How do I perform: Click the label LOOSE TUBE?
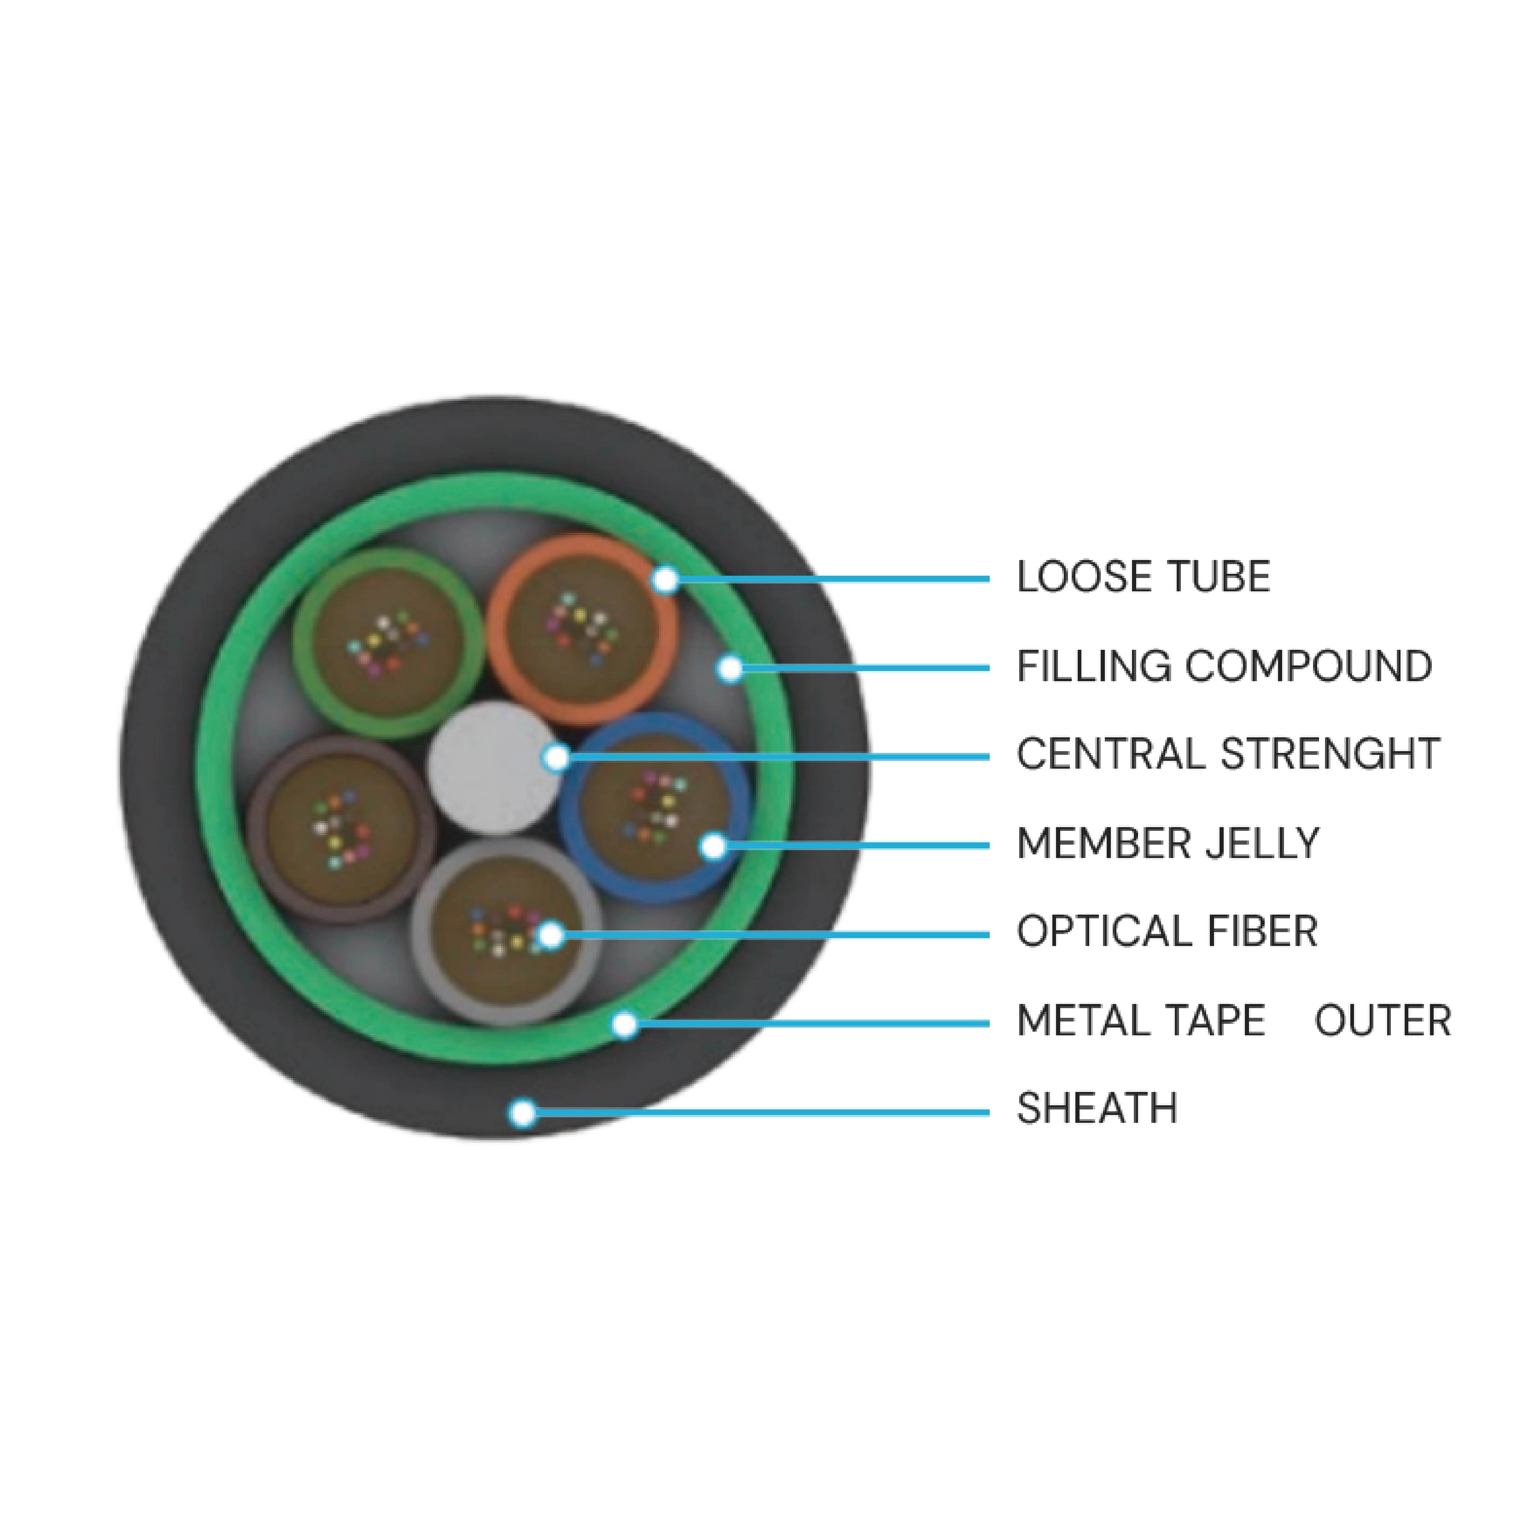click(1143, 578)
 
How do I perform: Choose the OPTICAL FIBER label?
click(1167, 932)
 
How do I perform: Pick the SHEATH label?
click(1097, 1109)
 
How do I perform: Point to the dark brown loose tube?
click(342, 828)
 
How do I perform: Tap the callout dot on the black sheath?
click(522, 1112)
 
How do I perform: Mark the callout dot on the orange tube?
click(666, 580)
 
